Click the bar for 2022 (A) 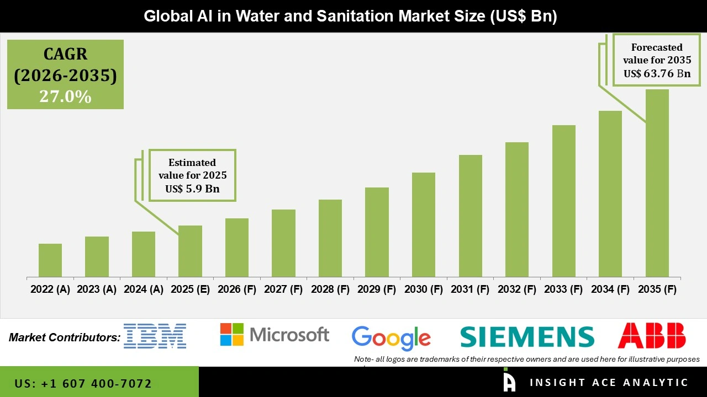tap(50, 260)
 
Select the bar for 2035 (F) tap(657, 183)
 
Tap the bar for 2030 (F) tap(424, 224)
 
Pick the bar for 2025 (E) tap(190, 251)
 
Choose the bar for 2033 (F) tap(563, 201)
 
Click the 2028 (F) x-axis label tap(330, 289)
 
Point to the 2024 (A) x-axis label tap(144, 289)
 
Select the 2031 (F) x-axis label tap(470, 289)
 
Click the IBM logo tap(155, 336)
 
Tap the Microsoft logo tap(275, 335)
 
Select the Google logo tap(391, 337)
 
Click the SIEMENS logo tap(527, 336)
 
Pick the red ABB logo tap(652, 336)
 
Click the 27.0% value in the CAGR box tap(65, 96)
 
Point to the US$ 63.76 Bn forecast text tap(657, 73)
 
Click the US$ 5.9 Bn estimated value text tap(192, 189)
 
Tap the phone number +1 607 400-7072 tap(83, 383)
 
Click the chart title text tap(350, 16)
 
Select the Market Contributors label tap(65, 337)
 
